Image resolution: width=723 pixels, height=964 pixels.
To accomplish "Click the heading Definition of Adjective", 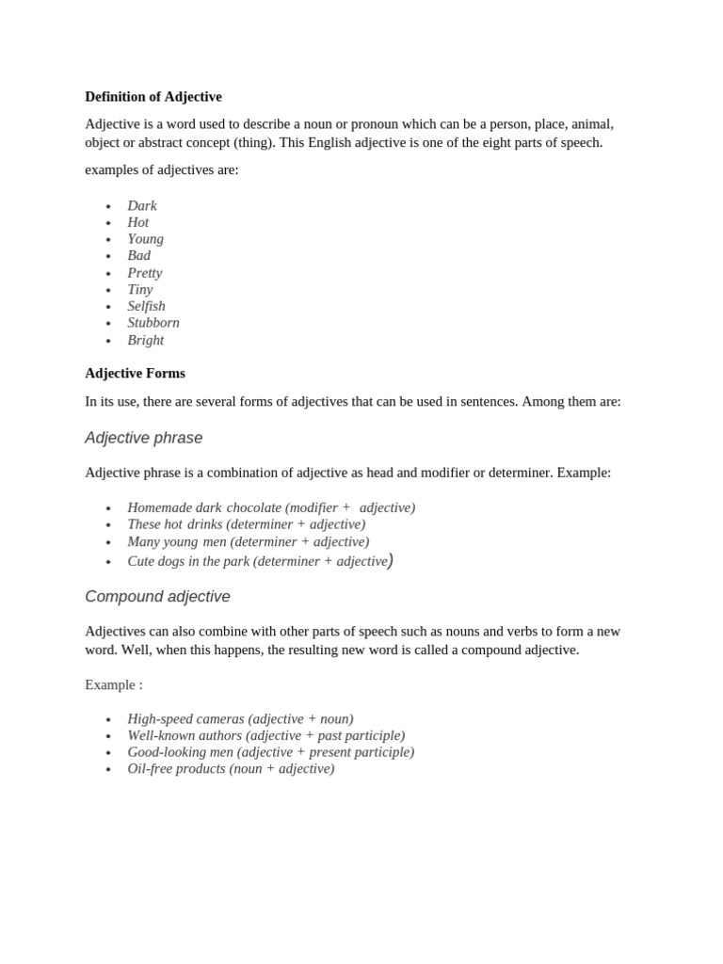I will click(153, 97).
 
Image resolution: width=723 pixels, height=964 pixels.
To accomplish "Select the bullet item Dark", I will click(142, 206).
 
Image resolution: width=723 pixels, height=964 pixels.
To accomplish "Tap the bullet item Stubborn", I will click(153, 323).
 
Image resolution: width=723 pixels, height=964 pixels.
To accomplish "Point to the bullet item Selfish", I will click(146, 306).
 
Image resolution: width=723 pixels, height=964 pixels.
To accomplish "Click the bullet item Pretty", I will click(145, 273).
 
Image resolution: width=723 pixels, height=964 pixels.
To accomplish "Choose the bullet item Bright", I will click(146, 340).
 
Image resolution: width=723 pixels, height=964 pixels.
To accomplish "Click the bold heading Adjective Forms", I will click(135, 374).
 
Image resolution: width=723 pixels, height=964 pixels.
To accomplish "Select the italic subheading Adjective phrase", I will click(143, 438).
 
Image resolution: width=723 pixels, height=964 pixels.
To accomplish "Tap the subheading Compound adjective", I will click(157, 597).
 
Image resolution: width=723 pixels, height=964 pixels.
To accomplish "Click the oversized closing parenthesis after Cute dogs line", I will click(391, 560).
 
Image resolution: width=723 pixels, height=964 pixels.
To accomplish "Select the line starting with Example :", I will click(114, 684).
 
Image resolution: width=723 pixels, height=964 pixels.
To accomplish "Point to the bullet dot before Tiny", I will click(108, 291).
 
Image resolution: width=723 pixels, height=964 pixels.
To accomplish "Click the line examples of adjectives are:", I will click(162, 170).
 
